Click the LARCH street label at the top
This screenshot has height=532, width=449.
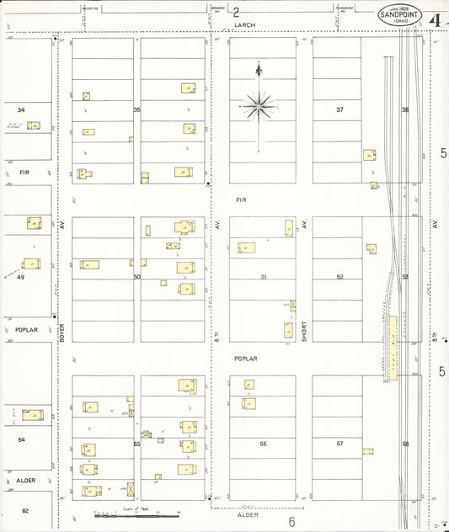(x=244, y=25)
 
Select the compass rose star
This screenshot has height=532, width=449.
(x=258, y=105)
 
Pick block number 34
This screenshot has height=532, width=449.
(x=21, y=109)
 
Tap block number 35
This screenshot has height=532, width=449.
(x=136, y=109)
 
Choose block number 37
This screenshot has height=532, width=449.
(x=340, y=109)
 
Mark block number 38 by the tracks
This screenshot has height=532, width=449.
(x=405, y=109)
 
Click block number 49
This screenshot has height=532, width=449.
(x=21, y=276)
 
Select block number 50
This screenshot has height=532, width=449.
(x=136, y=276)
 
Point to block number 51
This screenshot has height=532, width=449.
(x=263, y=276)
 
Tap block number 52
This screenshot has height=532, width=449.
(x=340, y=276)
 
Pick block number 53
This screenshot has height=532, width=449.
(x=405, y=276)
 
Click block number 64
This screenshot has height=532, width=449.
(x=21, y=439)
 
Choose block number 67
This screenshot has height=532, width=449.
(x=340, y=443)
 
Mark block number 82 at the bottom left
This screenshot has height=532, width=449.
(x=25, y=510)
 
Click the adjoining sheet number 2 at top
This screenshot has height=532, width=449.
(x=237, y=12)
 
